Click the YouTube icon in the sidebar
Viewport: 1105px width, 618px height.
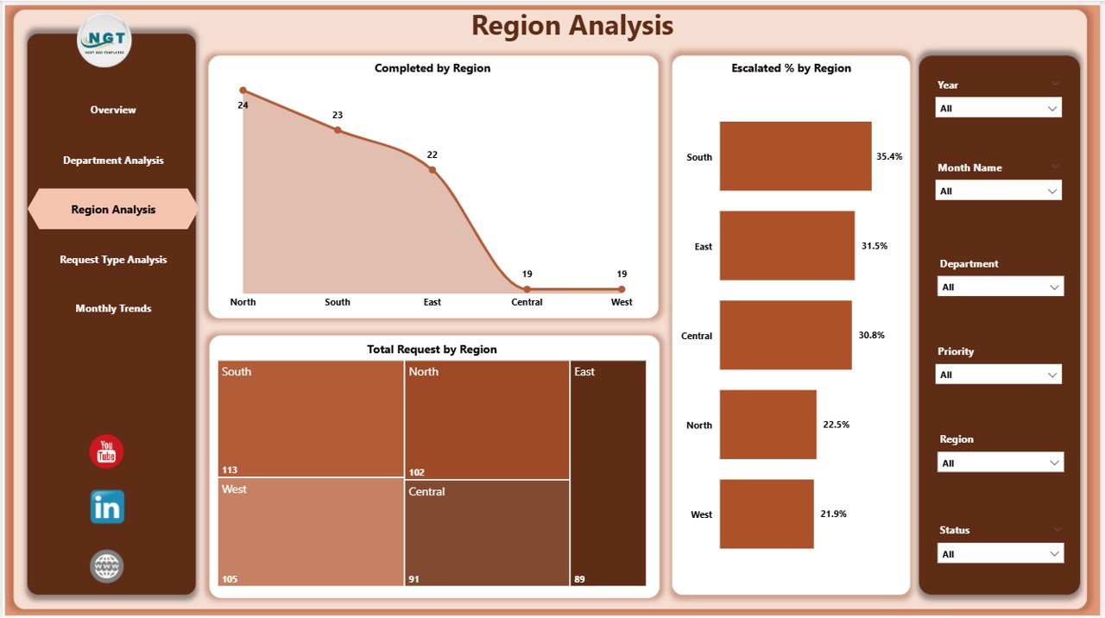click(106, 451)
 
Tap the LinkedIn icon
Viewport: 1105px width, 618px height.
click(107, 508)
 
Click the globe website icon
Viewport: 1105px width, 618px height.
click(107, 566)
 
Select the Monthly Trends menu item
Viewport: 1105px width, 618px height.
click(113, 309)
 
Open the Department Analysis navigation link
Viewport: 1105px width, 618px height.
click(113, 161)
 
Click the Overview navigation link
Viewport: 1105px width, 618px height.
click(113, 110)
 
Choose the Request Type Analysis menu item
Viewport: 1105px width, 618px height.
click(113, 260)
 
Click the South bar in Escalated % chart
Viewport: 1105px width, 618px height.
click(795, 156)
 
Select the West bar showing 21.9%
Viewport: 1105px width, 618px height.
click(767, 514)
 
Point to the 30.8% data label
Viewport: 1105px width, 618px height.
click(872, 335)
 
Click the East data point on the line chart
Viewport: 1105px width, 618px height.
click(433, 170)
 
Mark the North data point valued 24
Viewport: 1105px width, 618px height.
click(243, 91)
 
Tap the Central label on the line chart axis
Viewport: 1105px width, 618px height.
click(527, 302)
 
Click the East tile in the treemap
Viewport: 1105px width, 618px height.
click(608, 473)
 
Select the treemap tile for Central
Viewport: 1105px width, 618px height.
click(487, 533)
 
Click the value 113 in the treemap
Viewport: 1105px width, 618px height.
click(230, 470)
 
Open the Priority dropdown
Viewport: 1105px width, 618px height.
click(999, 375)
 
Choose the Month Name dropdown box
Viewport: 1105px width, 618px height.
click(999, 191)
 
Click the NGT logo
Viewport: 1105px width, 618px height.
click(104, 41)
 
